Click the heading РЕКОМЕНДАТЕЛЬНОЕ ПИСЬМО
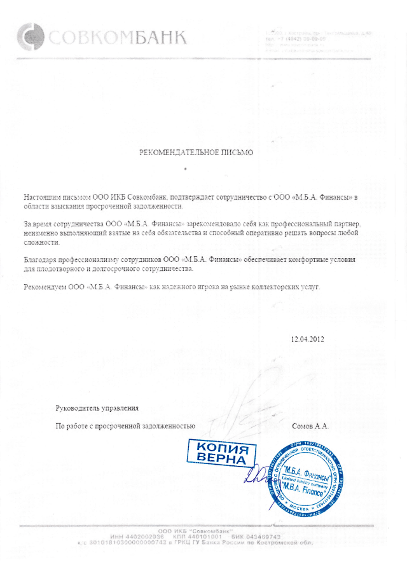tap(197, 153)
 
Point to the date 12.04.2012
tap(307, 339)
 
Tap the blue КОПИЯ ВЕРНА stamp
tap(218, 452)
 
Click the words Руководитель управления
tap(97, 407)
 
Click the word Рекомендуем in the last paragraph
tap(45, 287)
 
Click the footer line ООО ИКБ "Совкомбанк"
tap(203, 531)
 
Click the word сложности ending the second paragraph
tap(41, 243)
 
